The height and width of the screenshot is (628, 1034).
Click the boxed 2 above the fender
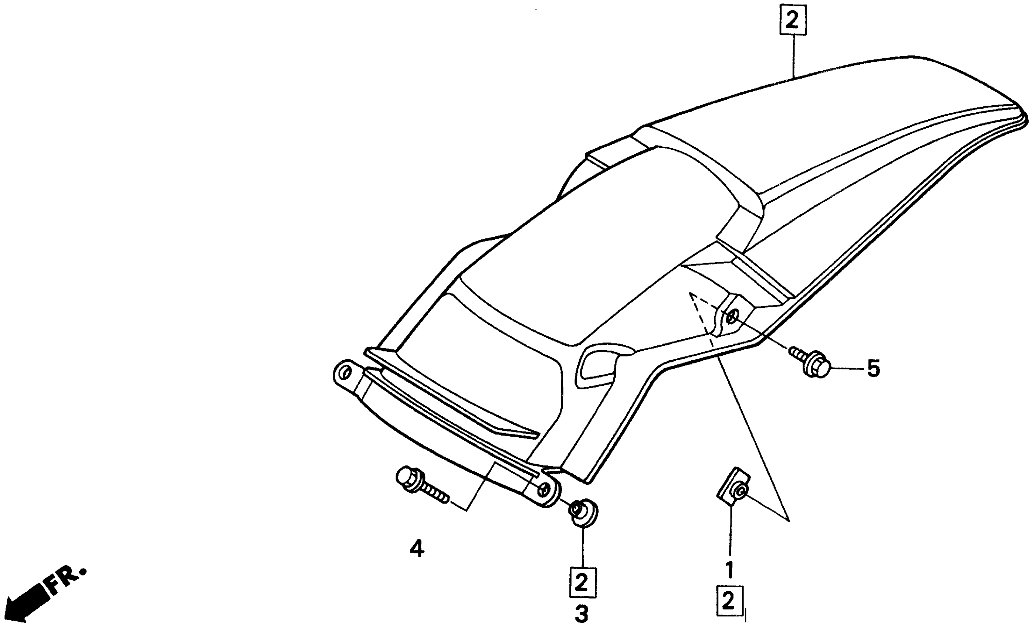pyautogui.click(x=792, y=20)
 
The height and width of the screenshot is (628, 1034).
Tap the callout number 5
pyautogui.click(x=873, y=369)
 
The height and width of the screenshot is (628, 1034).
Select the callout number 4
pyautogui.click(x=417, y=548)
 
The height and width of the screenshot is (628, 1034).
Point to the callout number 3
pyautogui.click(x=582, y=615)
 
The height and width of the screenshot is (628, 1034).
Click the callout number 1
pyautogui.click(x=730, y=570)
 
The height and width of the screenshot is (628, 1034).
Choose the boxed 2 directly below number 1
pyautogui.click(x=729, y=601)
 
